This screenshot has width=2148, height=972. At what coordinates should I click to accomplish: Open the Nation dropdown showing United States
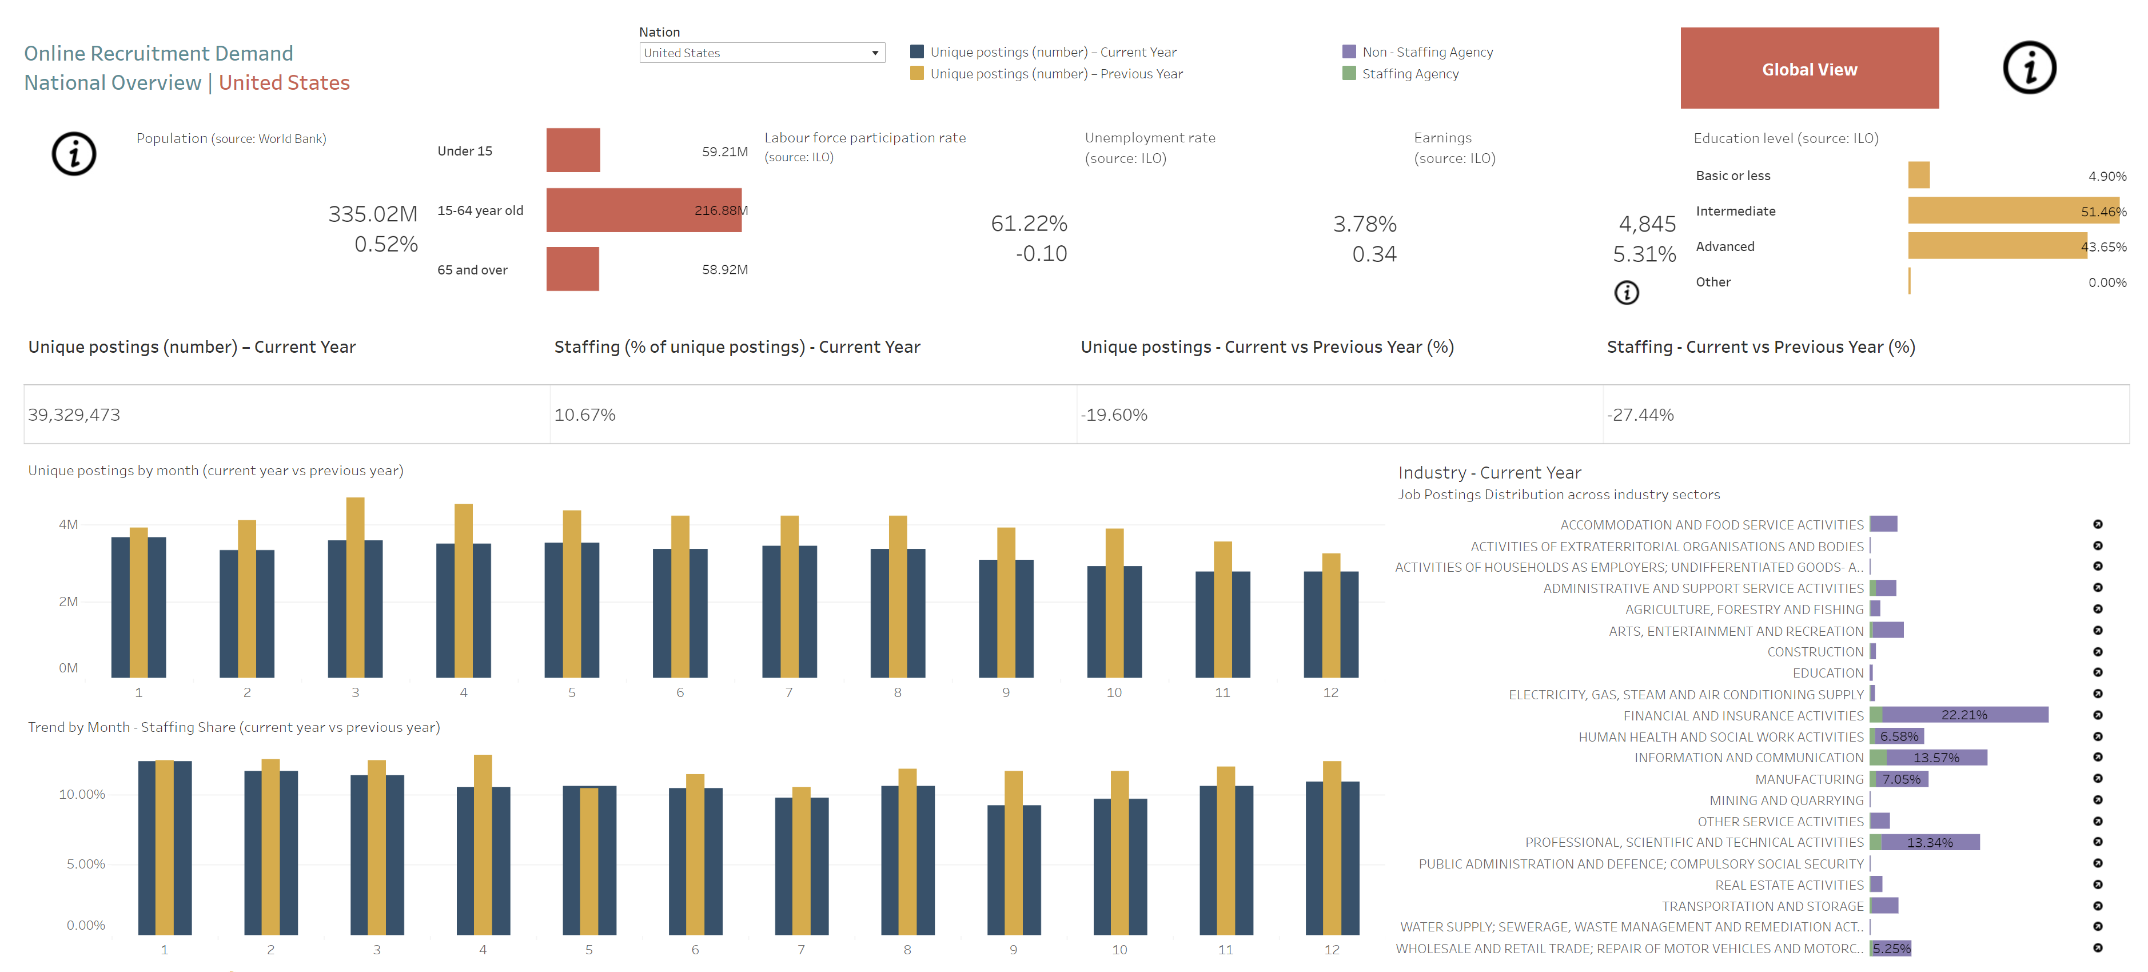click(762, 53)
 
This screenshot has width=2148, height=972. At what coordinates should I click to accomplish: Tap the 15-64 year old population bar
click(643, 210)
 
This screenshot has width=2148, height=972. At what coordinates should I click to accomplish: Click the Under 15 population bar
click(573, 150)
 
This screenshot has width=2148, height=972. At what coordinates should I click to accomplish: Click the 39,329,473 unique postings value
click(74, 415)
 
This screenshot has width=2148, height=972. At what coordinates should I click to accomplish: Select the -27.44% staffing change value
click(1640, 415)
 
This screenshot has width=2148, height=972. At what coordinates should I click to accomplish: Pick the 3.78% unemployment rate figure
click(1364, 224)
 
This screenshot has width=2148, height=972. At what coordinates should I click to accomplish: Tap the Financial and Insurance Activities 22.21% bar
click(1964, 714)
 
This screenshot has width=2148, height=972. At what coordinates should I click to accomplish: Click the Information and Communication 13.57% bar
click(1935, 757)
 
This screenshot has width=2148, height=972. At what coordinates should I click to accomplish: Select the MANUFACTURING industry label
click(1808, 779)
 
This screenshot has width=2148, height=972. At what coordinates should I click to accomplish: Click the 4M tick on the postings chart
click(69, 524)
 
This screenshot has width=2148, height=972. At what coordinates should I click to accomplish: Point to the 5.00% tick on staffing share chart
click(86, 863)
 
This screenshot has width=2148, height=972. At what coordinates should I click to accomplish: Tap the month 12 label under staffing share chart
click(1332, 950)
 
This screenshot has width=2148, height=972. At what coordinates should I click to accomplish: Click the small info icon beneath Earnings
click(1626, 293)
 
